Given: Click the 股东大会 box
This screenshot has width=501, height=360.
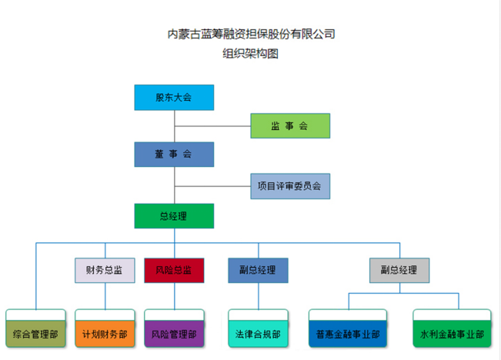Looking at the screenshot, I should (174, 98).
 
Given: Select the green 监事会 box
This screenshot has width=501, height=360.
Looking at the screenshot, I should (290, 125).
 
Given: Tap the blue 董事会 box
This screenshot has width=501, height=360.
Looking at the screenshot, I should (174, 155).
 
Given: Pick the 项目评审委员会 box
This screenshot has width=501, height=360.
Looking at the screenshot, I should (290, 185).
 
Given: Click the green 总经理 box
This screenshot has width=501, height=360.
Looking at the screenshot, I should (174, 215).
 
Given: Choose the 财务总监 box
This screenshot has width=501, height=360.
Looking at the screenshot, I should (105, 270).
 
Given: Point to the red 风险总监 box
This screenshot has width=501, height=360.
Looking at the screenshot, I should (174, 270).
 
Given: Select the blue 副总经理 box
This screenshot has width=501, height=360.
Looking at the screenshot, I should (258, 270).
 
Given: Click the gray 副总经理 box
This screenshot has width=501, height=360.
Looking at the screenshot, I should (399, 270).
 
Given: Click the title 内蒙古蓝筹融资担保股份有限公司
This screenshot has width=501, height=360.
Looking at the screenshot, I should (251, 34).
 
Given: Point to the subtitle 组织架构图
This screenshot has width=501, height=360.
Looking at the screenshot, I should (250, 54).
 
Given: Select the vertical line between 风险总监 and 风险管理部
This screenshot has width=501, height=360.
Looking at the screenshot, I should (174, 295).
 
